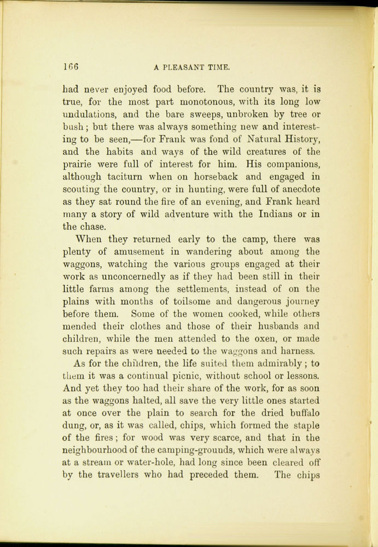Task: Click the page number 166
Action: pos(71,68)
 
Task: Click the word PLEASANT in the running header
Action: pos(183,68)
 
